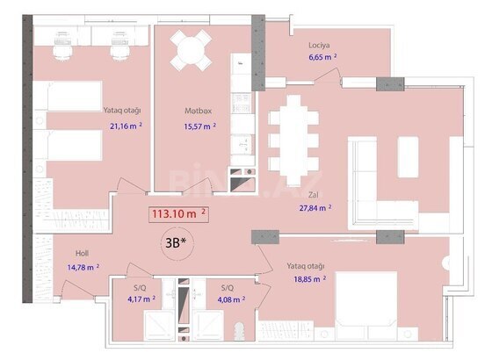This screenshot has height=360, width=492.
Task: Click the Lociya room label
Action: (319, 45)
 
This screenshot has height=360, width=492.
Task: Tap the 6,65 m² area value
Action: (323, 57)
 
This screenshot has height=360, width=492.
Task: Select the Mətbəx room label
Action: (198, 111)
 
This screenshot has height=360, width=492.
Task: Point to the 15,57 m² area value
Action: (200, 126)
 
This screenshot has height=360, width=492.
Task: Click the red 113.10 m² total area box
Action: (178, 214)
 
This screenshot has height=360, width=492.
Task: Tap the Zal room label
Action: (313, 195)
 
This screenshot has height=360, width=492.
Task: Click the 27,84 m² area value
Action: (315, 207)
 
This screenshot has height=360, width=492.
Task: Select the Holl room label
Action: (82, 254)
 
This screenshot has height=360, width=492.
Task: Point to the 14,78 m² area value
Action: (83, 268)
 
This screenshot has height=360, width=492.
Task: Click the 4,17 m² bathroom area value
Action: (141, 299)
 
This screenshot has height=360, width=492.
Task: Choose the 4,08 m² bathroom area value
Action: (231, 299)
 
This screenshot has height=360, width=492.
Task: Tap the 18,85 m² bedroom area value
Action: (309, 279)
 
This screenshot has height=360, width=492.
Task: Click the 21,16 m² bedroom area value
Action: (126, 126)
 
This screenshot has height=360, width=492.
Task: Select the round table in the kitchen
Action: (191, 50)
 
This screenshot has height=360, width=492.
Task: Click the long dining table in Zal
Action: (293, 140)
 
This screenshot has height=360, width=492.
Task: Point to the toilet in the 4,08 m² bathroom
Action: (239, 331)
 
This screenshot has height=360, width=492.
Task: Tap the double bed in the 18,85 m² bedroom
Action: (366, 306)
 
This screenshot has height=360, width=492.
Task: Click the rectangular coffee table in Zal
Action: (408, 157)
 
